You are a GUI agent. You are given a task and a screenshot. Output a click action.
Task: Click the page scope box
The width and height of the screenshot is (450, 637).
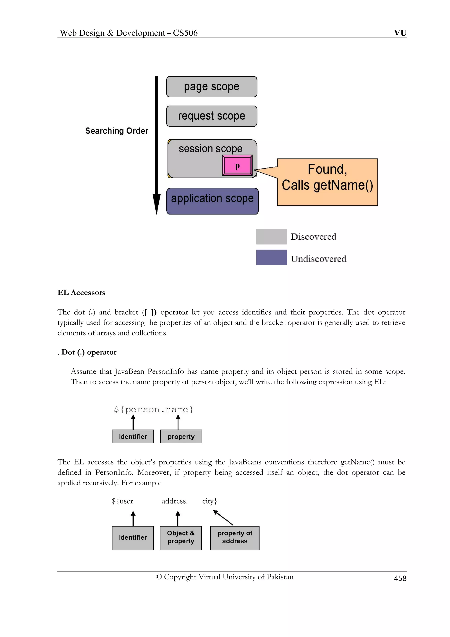tap(212, 87)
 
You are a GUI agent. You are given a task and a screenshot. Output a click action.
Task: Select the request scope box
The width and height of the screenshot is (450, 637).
tap(212, 116)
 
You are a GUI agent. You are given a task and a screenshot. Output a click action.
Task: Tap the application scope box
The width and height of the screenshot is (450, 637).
tap(212, 201)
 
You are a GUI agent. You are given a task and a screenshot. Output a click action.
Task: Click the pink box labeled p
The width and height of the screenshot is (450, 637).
tap(237, 165)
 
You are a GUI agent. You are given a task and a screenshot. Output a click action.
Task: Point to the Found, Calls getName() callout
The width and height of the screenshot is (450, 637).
tap(327, 182)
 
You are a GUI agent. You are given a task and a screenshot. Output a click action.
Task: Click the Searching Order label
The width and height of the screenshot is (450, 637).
tap(116, 131)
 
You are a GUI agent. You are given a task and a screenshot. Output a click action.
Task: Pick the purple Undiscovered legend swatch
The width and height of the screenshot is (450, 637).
tap(271, 257)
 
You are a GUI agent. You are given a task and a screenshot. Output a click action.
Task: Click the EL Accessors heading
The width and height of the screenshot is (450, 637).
tap(81, 292)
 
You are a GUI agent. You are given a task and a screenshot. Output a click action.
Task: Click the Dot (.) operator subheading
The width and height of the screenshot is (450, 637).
tap(89, 352)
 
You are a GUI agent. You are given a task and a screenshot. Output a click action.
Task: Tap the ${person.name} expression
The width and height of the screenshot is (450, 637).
tap(153, 409)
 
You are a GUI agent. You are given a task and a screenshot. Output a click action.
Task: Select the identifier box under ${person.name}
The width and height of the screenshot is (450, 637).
tap(133, 436)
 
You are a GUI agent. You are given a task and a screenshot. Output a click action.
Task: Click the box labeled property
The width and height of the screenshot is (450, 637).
tap(181, 436)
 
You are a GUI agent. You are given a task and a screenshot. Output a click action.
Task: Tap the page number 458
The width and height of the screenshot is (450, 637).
tap(400, 578)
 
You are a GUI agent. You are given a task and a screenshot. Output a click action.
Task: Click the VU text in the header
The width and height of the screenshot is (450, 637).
tap(400, 33)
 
